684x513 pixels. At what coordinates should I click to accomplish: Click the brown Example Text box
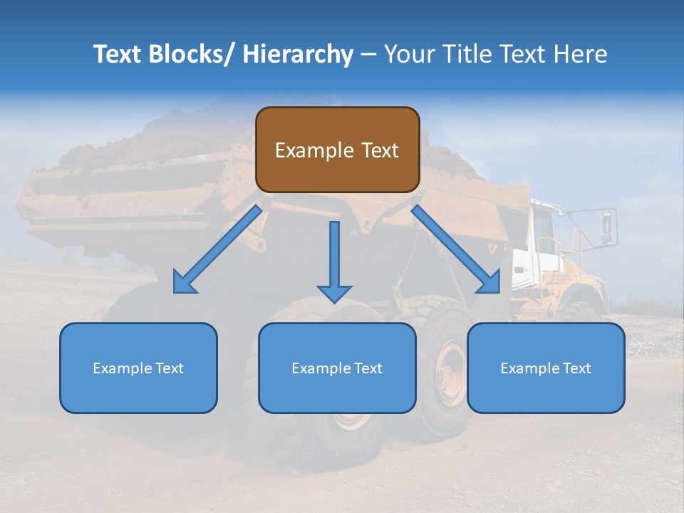[337, 150]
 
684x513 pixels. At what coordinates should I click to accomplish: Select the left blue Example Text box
[138, 368]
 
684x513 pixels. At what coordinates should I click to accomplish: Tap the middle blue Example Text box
[337, 368]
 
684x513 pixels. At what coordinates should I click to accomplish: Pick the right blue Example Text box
[546, 368]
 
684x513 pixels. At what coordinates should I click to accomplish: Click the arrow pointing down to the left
[217, 249]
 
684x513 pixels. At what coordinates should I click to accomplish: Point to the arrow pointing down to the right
[456, 249]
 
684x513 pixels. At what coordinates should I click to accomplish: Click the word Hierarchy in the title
[298, 54]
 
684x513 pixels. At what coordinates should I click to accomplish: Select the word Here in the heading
[581, 54]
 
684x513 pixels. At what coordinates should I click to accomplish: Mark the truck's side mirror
[608, 224]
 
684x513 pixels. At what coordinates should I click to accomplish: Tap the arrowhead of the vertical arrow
[334, 292]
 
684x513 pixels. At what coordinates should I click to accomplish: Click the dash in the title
[368, 55]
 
